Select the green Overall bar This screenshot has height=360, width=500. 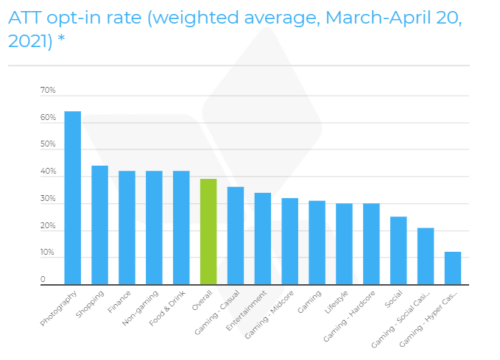click(x=208, y=231)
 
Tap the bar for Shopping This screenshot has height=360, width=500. click(x=99, y=225)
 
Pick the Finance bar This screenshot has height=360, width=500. click(x=127, y=227)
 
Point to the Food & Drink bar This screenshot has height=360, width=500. click(x=181, y=227)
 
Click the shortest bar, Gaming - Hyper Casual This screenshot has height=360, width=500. click(x=453, y=268)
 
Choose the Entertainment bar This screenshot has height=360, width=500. click(x=263, y=239)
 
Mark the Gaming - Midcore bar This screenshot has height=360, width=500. click(x=290, y=241)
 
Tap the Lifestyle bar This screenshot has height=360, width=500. click(x=344, y=244)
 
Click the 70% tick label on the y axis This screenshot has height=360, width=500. click(x=48, y=91)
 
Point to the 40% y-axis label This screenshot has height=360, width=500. click(x=48, y=172)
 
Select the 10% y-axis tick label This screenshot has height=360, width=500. click(x=48, y=253)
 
